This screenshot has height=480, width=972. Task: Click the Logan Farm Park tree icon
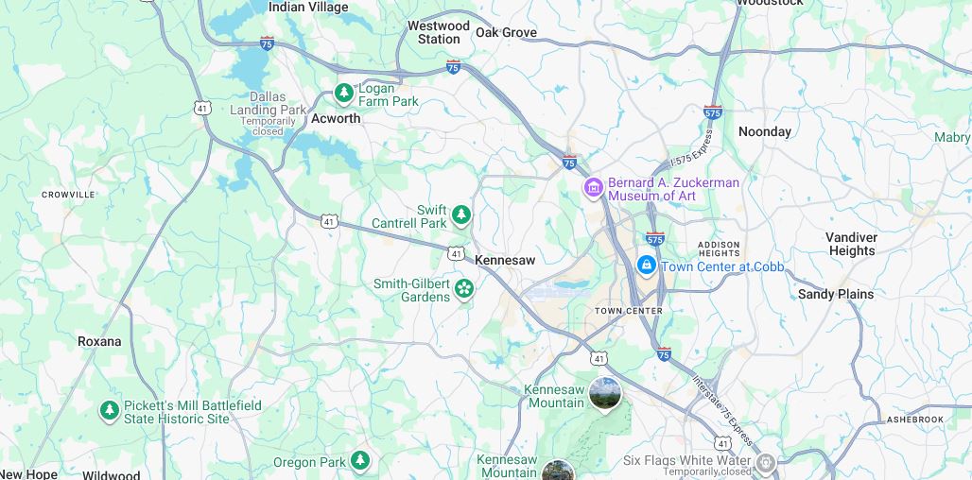point(344,93)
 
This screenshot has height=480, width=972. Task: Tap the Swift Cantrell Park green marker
point(461,214)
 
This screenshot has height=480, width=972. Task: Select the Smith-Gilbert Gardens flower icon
point(464,288)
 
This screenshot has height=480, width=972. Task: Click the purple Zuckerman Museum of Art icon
point(593,188)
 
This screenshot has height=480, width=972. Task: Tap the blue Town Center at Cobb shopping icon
point(647,265)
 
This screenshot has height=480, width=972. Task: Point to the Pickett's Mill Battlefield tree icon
point(110,411)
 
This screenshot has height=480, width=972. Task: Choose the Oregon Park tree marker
point(360,460)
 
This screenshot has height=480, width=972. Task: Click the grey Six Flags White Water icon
point(767,462)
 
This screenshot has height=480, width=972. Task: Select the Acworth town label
point(336,119)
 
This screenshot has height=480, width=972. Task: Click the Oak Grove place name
point(506,32)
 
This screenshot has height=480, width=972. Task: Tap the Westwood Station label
point(439,32)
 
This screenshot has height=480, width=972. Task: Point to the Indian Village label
point(308,7)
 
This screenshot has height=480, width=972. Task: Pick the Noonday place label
point(764,131)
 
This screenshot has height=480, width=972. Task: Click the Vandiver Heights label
point(852,244)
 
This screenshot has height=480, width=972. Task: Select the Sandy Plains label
point(836,294)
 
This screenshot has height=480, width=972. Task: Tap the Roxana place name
point(99,341)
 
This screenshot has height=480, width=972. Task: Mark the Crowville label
point(68,195)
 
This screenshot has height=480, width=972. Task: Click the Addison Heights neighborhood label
point(719,249)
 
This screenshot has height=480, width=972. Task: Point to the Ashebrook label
point(914,419)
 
